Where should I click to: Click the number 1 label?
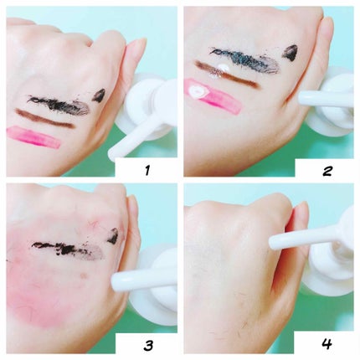pos(147,170)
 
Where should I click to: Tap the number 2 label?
pos(327,170)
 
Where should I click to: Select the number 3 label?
pos(148,346)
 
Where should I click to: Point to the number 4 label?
pos(327,344)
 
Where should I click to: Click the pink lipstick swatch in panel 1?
pos(33,137)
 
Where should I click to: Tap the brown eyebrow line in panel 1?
pos(45,119)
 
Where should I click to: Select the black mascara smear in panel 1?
pos(58,106)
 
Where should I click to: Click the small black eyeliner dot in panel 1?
pos(99,95)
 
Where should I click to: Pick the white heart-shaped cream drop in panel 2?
pos(198,91)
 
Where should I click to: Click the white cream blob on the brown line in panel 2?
pos(224,69)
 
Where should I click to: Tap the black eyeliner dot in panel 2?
pos(291,53)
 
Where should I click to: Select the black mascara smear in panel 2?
pos(244,60)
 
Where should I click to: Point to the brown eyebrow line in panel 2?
pos(225,75)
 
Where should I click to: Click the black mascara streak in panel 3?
pos(67,249)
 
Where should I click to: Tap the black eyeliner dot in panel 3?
pos(113,236)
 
